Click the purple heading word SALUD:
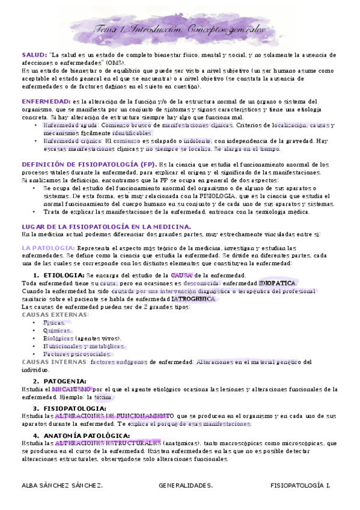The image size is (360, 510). [x=34, y=55]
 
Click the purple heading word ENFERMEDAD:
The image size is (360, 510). [x=46, y=101]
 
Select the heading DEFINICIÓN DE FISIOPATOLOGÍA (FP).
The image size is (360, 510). [x=88, y=164]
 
